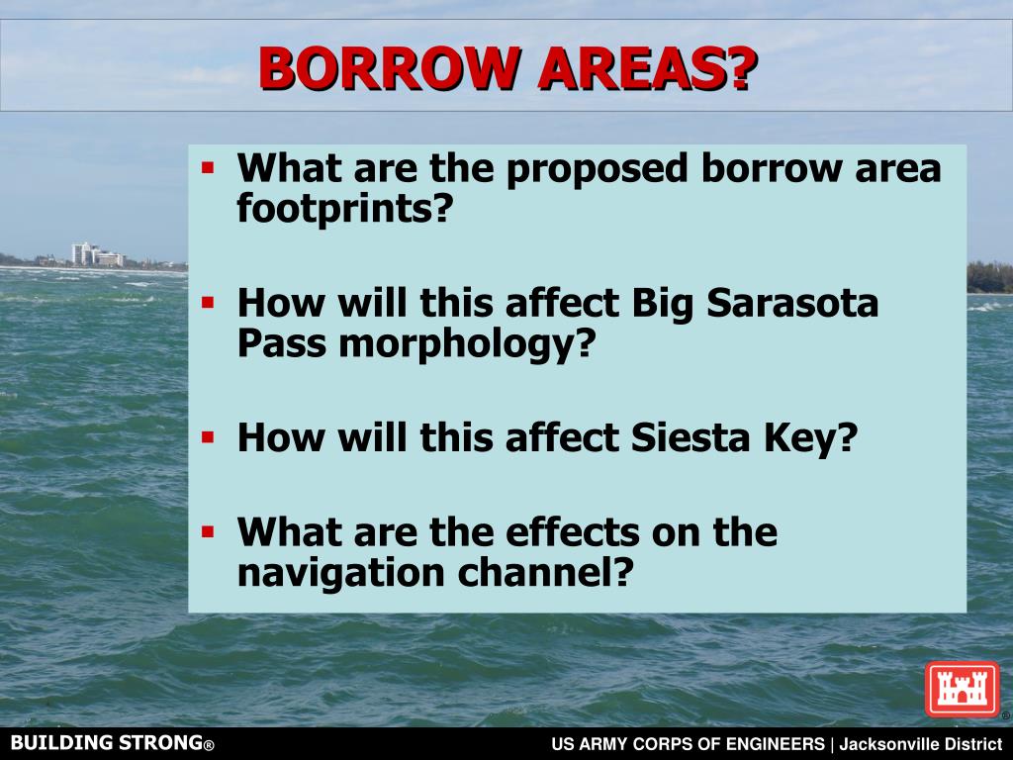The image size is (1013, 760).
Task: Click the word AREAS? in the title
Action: pyautogui.click(x=643, y=68)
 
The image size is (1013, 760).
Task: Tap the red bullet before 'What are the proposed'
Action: pyautogui.click(x=208, y=166)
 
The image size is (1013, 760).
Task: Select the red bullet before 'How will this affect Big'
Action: pyautogui.click(x=208, y=300)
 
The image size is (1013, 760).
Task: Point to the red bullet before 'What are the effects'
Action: pyautogui.click(x=208, y=531)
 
